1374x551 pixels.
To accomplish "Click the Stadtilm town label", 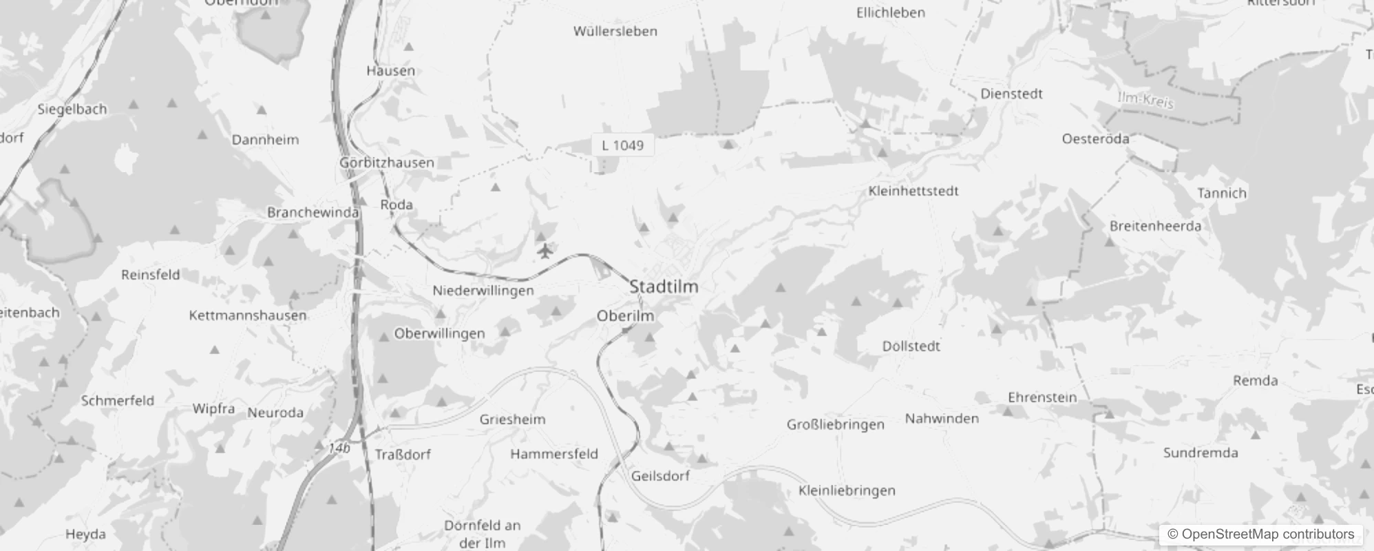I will (664, 287).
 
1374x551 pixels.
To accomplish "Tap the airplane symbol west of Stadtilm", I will (545, 251).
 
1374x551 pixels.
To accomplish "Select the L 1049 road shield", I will (622, 145).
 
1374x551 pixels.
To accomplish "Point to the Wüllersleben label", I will (615, 31).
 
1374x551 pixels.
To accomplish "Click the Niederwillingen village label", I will (483, 291).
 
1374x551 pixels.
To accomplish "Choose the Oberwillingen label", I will (439, 333).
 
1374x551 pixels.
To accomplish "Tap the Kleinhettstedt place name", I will (913, 191).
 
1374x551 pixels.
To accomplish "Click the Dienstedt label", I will (1011, 94).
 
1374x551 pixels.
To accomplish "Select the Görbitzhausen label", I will (387, 163).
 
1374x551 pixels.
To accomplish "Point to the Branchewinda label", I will (313, 212).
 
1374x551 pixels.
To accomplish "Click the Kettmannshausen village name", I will (248, 315).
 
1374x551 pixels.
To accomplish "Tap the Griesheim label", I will (512, 419).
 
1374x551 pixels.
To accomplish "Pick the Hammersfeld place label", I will (554, 454).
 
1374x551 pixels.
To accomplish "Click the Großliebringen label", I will (836, 424).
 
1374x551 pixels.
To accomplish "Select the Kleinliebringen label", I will (847, 490).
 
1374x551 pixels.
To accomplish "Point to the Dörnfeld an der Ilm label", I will (482, 534).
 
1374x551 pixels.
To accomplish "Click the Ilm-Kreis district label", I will (1145, 101).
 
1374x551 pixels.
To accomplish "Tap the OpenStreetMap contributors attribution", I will (1260, 534).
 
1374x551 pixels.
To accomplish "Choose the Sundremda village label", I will (1201, 453).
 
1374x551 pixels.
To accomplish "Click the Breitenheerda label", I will (1155, 226).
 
